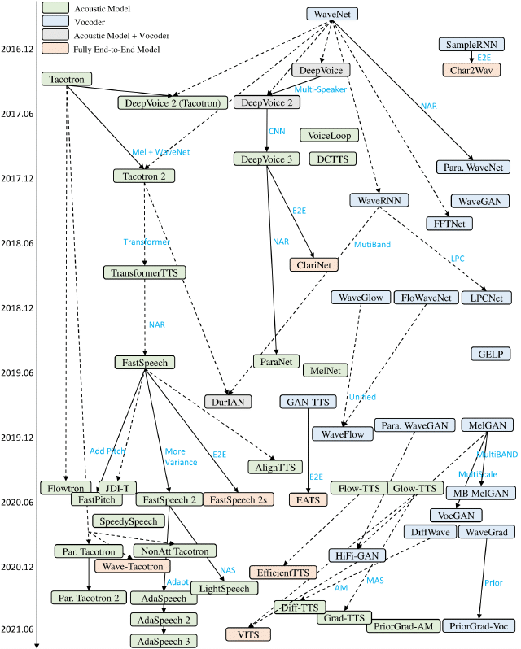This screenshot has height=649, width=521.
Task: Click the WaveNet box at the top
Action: [334, 14]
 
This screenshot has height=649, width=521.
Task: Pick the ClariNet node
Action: [313, 264]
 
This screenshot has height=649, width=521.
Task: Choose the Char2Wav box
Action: [471, 69]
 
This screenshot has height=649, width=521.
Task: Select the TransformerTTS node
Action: [144, 272]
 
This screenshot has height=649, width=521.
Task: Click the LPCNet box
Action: [486, 298]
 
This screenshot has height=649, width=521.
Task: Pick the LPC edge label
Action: [457, 259]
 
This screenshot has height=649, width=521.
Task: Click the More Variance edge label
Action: [180, 456]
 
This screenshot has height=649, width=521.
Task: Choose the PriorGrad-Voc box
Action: [484, 625]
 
